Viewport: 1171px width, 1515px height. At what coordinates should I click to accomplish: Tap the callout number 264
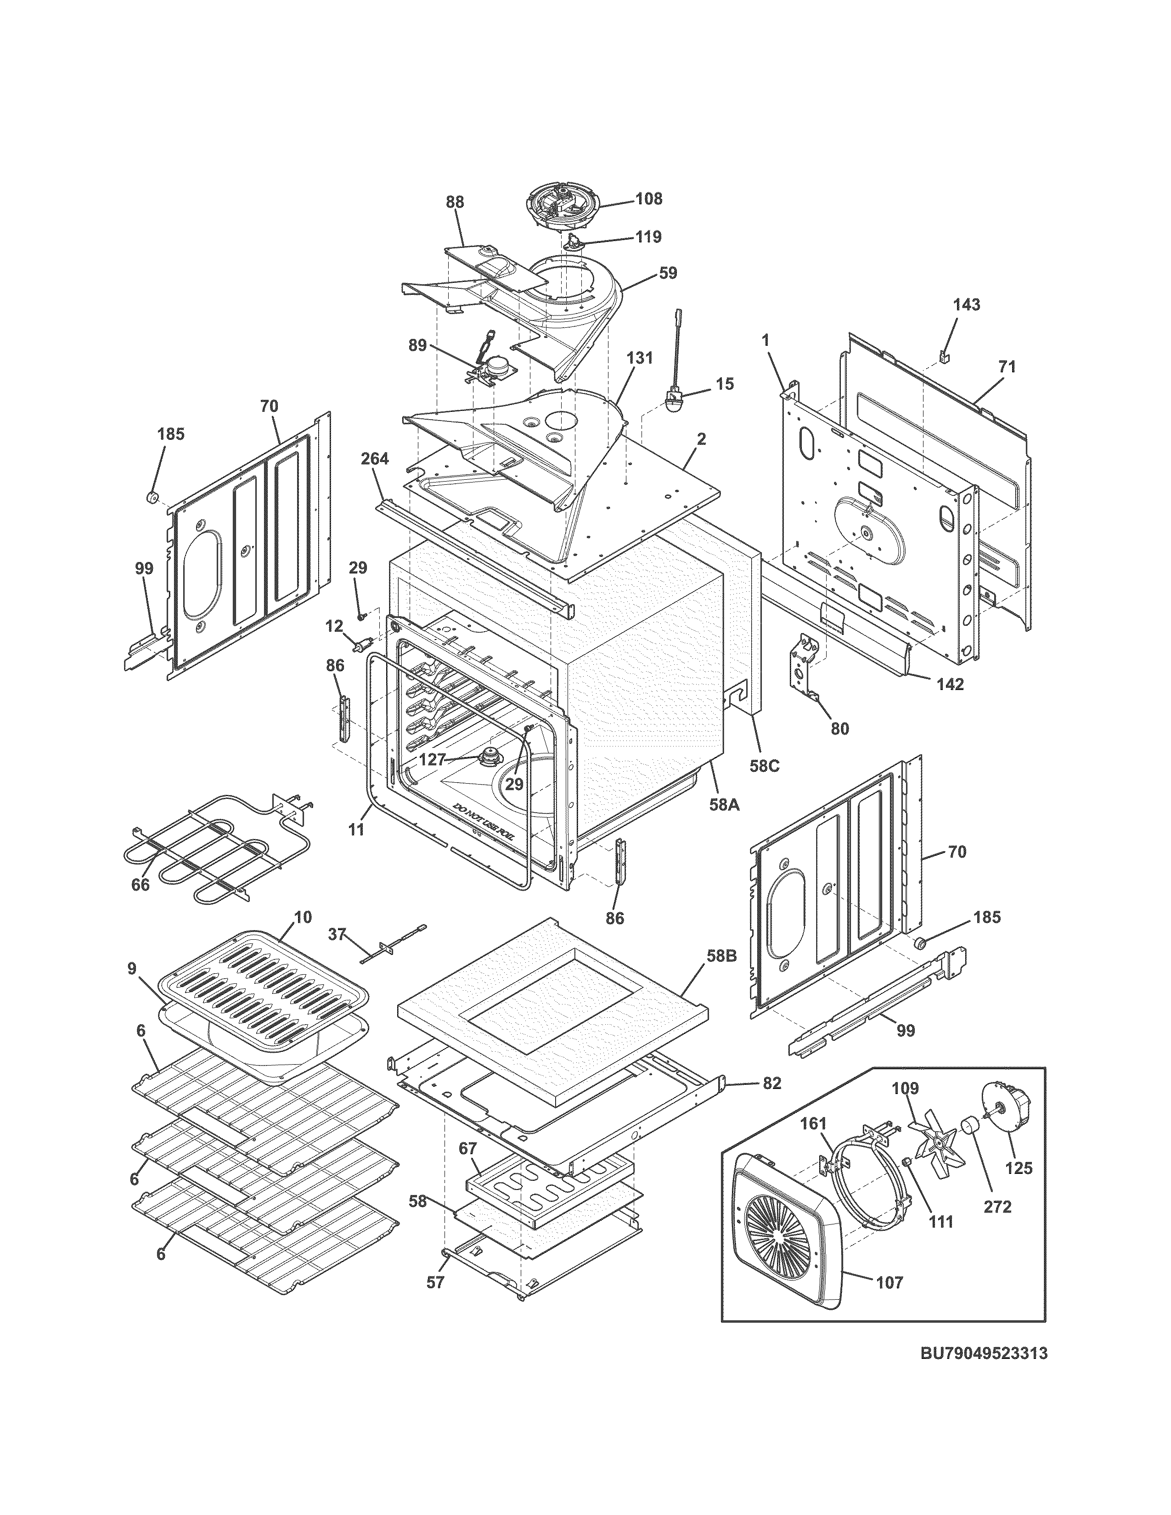(x=375, y=459)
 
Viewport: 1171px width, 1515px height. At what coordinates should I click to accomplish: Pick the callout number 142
(x=950, y=684)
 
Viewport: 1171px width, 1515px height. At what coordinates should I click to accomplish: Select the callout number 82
(x=772, y=1083)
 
